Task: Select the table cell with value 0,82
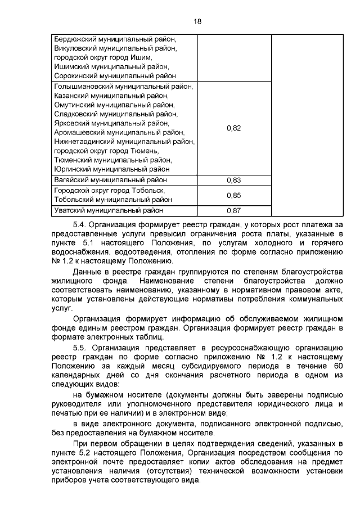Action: click(233, 128)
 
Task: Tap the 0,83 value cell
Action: click(233, 181)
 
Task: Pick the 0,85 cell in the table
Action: click(233, 195)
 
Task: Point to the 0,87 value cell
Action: click(233, 211)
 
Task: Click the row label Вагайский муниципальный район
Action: click(110, 180)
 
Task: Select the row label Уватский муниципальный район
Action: click(109, 210)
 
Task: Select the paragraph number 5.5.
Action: click(80, 348)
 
